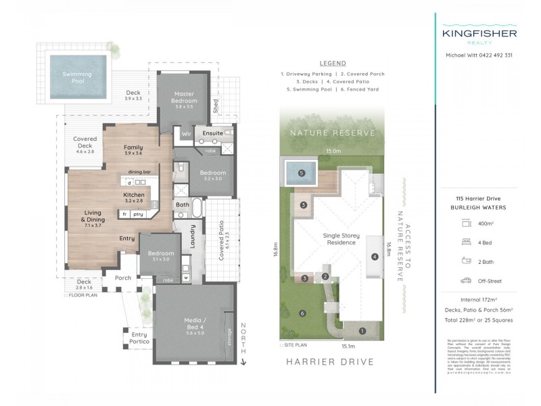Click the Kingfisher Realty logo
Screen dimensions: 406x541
(479, 35)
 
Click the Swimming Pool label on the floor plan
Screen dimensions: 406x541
(77, 76)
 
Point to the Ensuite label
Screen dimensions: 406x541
(214, 134)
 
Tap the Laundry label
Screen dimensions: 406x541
(192, 236)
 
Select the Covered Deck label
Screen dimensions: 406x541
(85, 143)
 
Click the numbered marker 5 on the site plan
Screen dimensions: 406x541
(302, 173)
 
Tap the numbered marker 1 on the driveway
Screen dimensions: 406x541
(362, 331)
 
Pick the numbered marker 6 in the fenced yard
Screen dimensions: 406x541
(302, 313)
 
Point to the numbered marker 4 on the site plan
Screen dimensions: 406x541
(374, 256)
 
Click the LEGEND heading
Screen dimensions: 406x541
(332, 63)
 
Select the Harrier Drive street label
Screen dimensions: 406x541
(330, 362)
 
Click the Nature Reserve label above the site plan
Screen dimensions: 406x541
(332, 133)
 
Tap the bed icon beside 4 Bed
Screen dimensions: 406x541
(465, 240)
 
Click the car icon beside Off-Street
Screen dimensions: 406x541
(465, 279)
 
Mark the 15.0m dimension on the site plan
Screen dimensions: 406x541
(333, 152)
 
